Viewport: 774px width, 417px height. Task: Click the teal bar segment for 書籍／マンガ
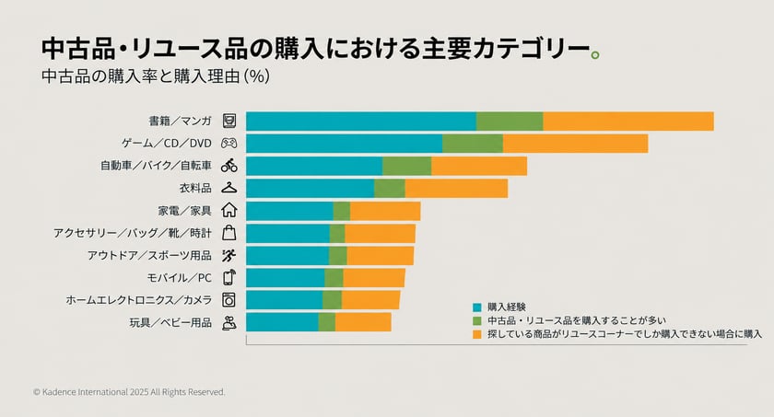[361, 122]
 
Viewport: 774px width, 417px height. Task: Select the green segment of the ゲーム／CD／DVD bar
[473, 144]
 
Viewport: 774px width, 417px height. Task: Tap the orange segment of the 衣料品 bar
[456, 189]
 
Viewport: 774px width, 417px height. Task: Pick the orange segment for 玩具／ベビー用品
[363, 322]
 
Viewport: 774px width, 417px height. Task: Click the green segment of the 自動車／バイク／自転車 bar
[406, 166]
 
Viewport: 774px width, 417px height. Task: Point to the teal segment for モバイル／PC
[286, 278]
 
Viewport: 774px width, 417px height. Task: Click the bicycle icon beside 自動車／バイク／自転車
[229, 166]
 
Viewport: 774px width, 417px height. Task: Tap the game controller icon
[229, 143]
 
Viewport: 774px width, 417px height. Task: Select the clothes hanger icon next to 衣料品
[229, 188]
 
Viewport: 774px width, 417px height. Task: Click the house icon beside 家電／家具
[229, 210]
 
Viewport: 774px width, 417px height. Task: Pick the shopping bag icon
[229, 233]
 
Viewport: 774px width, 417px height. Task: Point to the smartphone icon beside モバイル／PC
[229, 277]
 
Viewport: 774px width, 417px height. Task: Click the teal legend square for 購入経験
[477, 307]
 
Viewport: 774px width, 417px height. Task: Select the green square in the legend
[477, 321]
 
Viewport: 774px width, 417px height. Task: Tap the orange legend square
[477, 334]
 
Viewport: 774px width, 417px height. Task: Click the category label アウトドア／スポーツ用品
[149, 255]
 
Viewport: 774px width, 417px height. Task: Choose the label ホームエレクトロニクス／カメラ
[139, 300]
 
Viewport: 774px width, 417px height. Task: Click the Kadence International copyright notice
[129, 392]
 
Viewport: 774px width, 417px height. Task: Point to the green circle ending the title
[595, 54]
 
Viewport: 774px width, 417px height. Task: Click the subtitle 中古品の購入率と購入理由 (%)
[156, 76]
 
